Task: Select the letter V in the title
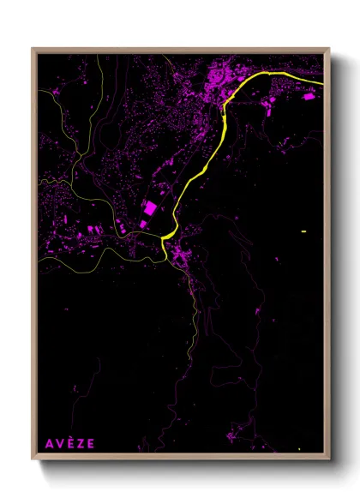pos(59,443)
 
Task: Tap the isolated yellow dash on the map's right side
pos(303,231)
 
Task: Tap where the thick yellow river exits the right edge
pos(321,83)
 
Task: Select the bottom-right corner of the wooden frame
pos(329,460)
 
